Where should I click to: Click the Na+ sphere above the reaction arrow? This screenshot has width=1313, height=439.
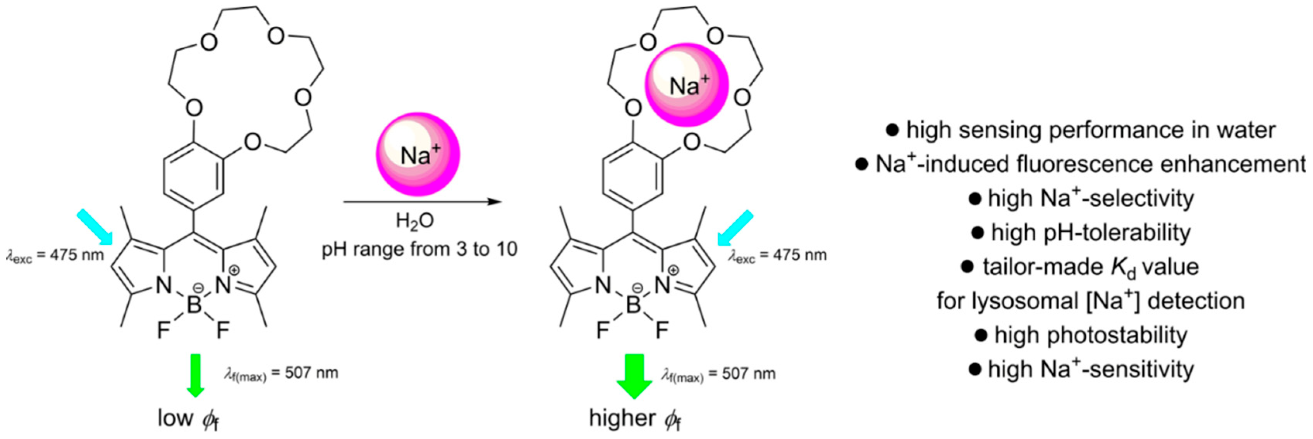(x=418, y=154)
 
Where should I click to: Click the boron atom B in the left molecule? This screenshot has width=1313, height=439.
(x=194, y=305)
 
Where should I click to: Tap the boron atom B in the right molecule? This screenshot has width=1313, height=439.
(x=633, y=305)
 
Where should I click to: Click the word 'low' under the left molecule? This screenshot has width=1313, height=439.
(x=175, y=418)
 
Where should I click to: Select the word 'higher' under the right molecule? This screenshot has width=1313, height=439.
(x=623, y=418)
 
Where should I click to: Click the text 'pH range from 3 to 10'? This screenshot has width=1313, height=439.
(x=419, y=249)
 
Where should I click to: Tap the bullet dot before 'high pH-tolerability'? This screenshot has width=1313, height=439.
(x=977, y=233)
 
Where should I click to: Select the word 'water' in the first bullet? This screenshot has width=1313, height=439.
(x=1246, y=130)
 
